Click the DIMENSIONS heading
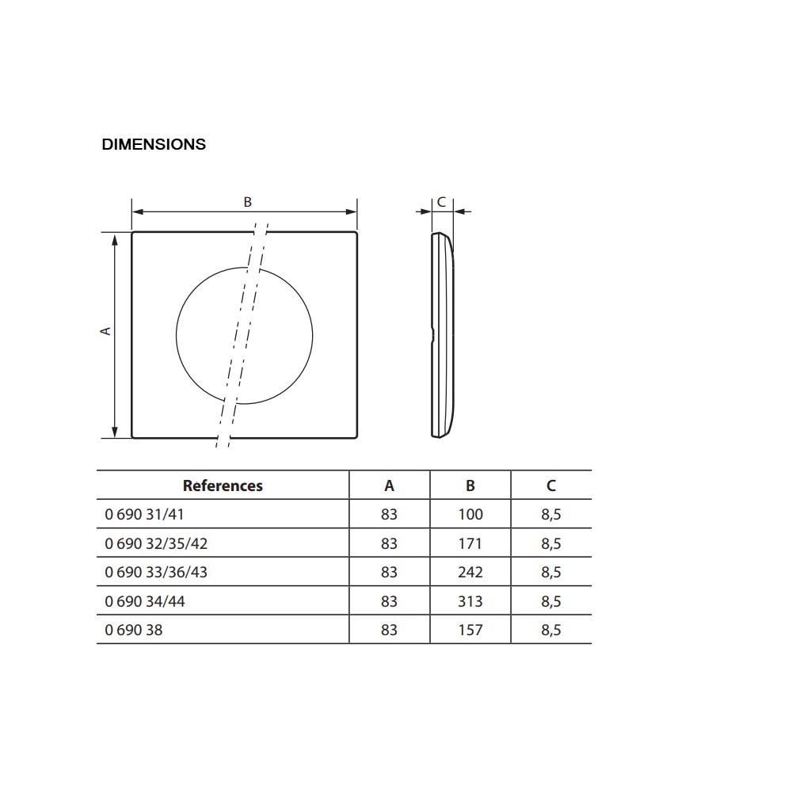tap(154, 144)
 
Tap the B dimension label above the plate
tap(247, 202)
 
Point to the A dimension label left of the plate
tap(106, 331)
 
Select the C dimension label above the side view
tap(441, 202)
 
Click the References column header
tap(223, 485)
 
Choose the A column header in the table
tap(389, 485)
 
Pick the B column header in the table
tap(470, 485)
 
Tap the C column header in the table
tap(551, 485)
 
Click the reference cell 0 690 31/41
tap(144, 514)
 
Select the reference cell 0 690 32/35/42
tap(156, 543)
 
